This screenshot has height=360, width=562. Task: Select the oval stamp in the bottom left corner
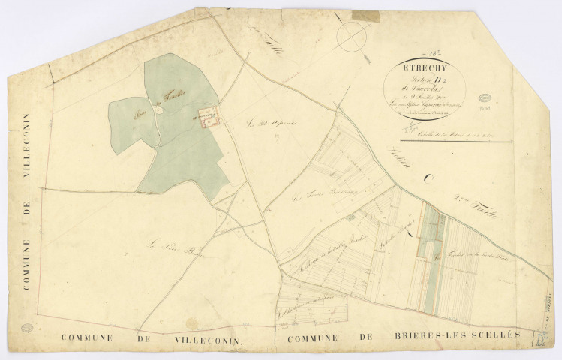point(28,328)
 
